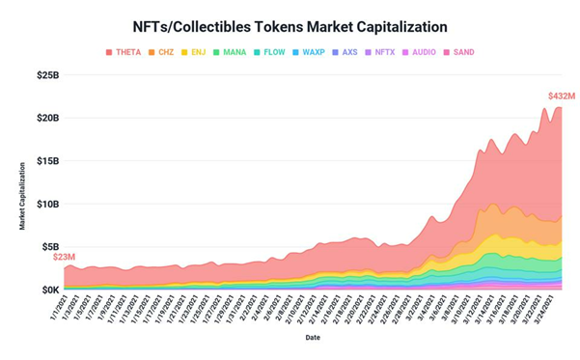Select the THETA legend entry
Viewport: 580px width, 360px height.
[123, 52]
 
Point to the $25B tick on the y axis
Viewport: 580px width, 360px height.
[47, 75]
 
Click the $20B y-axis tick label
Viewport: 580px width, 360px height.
[47, 118]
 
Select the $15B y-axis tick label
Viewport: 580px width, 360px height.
[47, 161]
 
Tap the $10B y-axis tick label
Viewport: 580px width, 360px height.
[47, 204]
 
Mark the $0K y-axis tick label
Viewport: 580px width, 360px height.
[48, 290]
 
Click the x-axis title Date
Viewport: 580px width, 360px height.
[314, 338]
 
